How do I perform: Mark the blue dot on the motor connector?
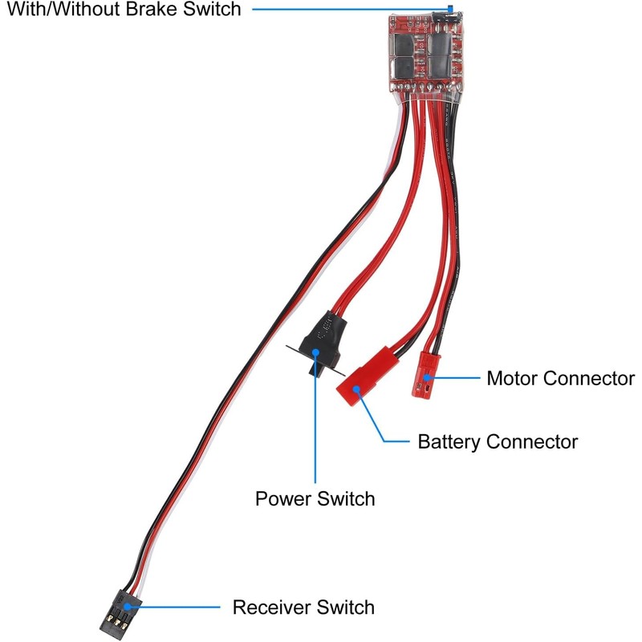[x=430, y=377]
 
